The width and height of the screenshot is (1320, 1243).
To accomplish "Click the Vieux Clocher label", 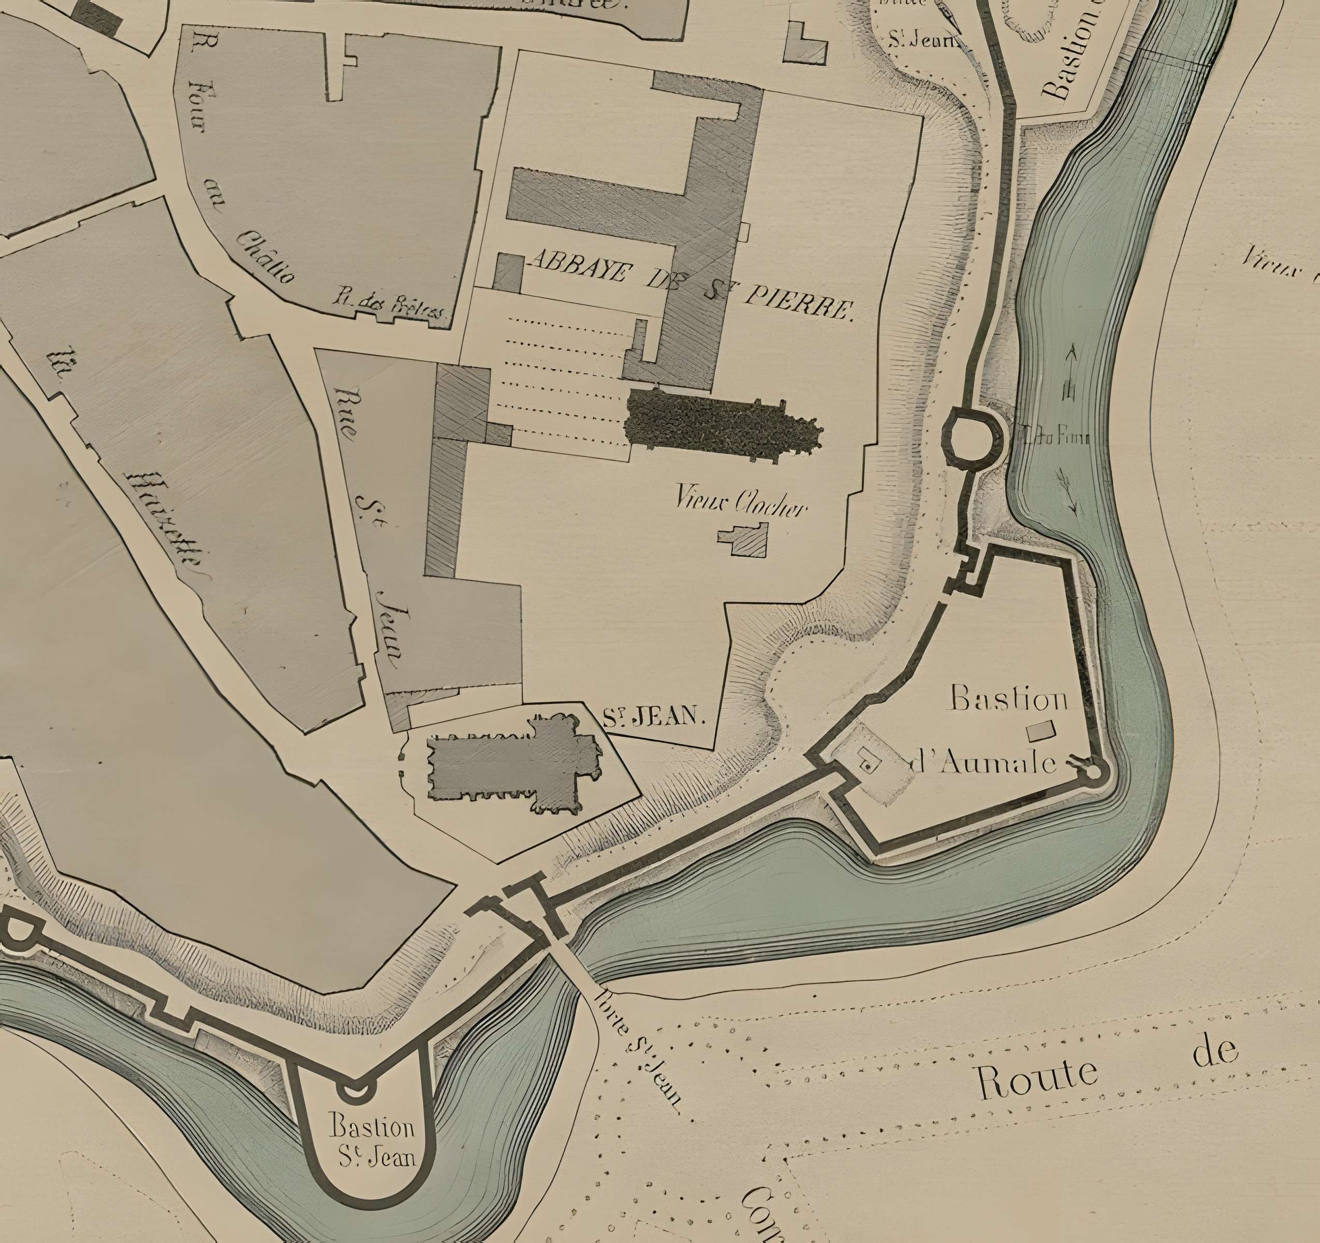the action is coord(741,500).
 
